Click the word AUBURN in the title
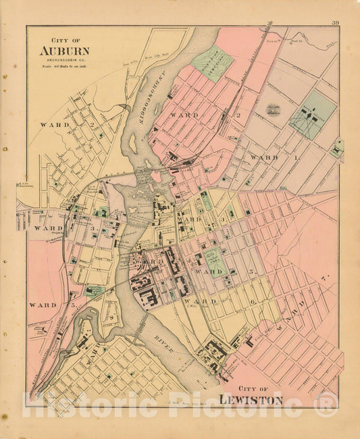tap(63, 50)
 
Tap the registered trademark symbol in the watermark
tap(326, 405)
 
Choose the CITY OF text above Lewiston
tap(251, 388)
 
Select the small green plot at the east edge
tap(338, 147)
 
